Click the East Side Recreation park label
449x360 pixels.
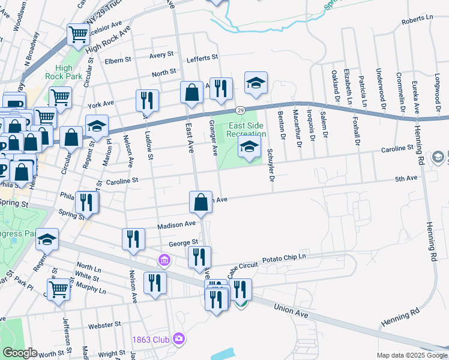[x=246, y=129]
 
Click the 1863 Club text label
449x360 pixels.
[x=151, y=340]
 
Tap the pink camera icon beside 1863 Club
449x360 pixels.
[x=178, y=340]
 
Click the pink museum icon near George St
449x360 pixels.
[x=163, y=260]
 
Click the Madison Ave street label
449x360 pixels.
[x=177, y=225]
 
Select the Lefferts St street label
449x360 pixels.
[x=202, y=58]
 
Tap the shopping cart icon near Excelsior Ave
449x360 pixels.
[x=77, y=35]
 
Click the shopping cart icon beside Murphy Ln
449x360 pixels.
[x=58, y=289]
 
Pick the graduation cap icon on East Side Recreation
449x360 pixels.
[x=249, y=147]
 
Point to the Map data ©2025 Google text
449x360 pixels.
[x=411, y=355]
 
